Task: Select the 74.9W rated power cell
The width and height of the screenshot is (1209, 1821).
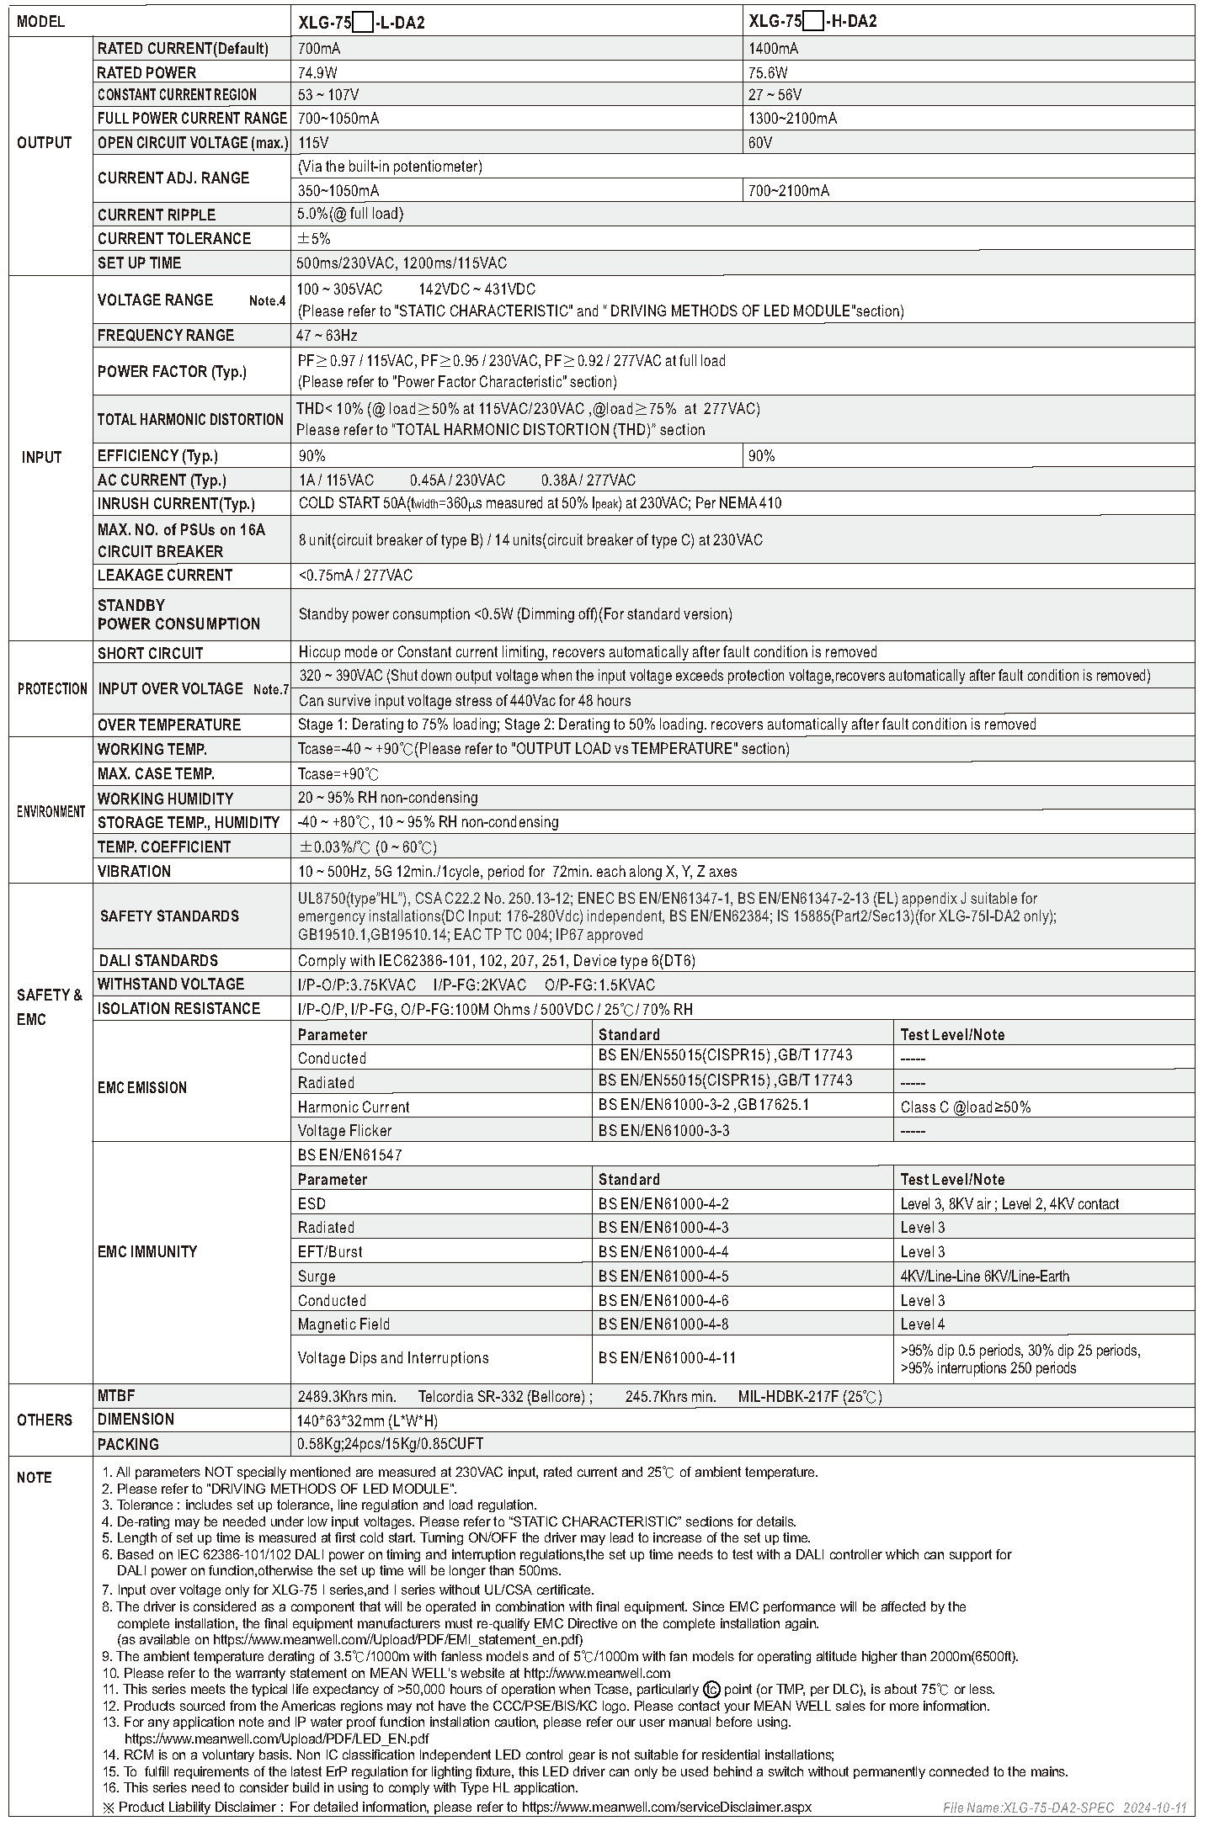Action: pyautogui.click(x=317, y=72)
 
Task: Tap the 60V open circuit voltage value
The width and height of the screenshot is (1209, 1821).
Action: pyautogui.click(x=760, y=143)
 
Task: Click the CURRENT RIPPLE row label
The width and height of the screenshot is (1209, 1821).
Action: pyautogui.click(x=157, y=215)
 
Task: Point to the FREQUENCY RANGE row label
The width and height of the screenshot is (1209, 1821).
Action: pyautogui.click(x=166, y=335)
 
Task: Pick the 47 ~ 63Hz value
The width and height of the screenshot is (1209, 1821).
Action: pyautogui.click(x=328, y=336)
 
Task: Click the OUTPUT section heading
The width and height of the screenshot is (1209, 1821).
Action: pyautogui.click(x=45, y=142)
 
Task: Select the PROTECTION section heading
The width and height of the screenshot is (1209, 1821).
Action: pyautogui.click(x=52, y=688)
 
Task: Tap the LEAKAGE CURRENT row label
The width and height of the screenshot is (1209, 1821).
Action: pyautogui.click(x=165, y=576)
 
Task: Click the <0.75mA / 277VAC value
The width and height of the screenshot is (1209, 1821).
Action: pyautogui.click(x=355, y=576)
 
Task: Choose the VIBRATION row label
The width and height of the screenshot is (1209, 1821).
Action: pyautogui.click(x=134, y=871)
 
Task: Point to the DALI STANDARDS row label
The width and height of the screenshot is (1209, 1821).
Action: pyautogui.click(x=158, y=960)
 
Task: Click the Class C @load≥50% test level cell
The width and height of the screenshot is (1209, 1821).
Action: pyautogui.click(x=965, y=1107)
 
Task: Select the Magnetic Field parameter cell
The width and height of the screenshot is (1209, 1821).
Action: pyautogui.click(x=344, y=1325)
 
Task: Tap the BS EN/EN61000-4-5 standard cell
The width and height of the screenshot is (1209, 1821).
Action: pyautogui.click(x=663, y=1276)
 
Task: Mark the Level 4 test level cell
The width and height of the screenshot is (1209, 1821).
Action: pyautogui.click(x=923, y=1325)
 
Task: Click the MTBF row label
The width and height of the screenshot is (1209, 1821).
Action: pyautogui.click(x=116, y=1396)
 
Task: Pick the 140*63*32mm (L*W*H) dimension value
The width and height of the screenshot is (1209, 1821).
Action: pyautogui.click(x=368, y=1420)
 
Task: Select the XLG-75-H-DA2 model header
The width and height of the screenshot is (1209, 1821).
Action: pyautogui.click(x=812, y=22)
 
